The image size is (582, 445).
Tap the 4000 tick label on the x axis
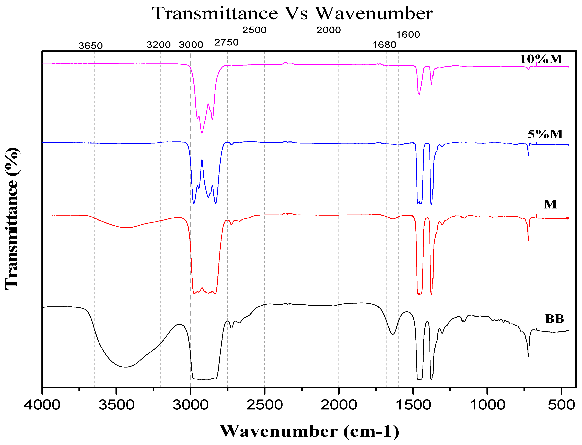42,405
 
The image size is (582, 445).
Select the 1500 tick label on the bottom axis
413,405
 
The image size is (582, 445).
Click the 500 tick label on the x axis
561,405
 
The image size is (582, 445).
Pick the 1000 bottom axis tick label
487,405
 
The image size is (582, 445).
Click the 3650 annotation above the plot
90,46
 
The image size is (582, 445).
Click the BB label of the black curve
554,319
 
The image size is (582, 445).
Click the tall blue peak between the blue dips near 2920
202,160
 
